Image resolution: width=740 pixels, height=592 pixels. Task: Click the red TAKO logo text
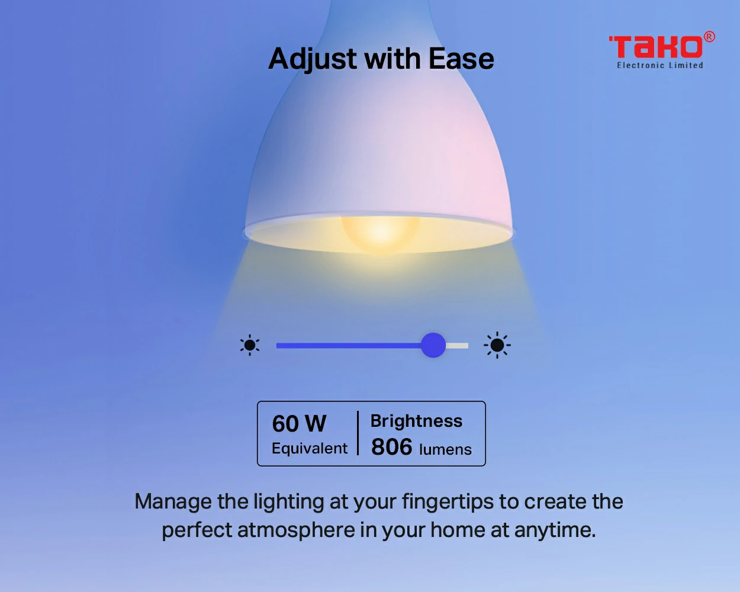tap(656, 47)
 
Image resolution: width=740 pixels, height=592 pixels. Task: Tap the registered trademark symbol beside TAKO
tap(709, 37)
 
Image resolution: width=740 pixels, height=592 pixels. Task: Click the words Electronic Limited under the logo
tap(660, 65)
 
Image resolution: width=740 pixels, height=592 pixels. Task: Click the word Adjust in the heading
tap(313, 59)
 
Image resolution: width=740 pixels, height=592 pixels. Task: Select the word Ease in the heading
tap(462, 59)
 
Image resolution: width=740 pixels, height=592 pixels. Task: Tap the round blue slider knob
tap(433, 345)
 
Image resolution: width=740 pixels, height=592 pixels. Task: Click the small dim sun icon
tap(250, 345)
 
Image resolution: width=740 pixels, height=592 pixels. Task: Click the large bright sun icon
tap(497, 345)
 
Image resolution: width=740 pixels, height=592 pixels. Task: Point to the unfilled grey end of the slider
tap(457, 345)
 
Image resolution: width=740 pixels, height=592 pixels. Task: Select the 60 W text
tap(299, 423)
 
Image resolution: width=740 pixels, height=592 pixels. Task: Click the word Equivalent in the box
tap(310, 449)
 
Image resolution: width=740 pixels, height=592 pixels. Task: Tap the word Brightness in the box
tap(416, 421)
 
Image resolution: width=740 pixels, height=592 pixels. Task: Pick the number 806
tap(392, 447)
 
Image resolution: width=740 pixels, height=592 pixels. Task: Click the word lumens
tap(445, 449)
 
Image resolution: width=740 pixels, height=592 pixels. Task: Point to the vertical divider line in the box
tap(358, 433)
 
